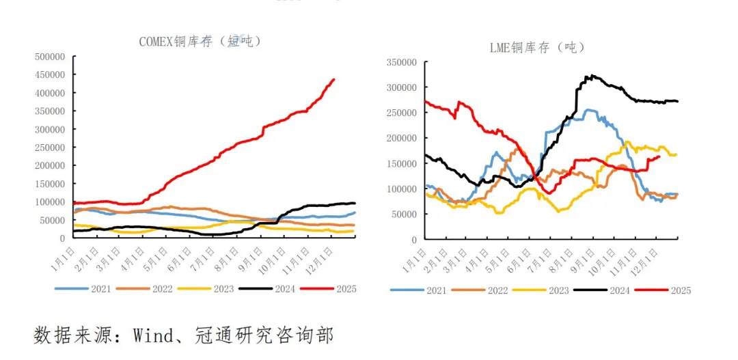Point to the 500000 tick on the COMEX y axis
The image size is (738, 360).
click(x=50, y=56)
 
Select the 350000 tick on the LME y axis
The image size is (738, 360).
click(x=402, y=62)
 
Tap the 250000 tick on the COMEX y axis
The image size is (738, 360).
click(x=50, y=147)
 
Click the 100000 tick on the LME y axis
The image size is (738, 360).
click(x=402, y=189)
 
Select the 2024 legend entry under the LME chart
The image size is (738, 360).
click(x=619, y=290)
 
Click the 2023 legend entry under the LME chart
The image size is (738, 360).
click(x=558, y=290)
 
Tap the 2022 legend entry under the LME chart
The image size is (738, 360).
click(x=497, y=290)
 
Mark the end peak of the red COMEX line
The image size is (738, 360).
click(x=333, y=79)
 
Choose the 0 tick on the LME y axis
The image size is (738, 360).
click(x=414, y=239)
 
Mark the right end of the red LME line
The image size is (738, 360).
click(x=659, y=156)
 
